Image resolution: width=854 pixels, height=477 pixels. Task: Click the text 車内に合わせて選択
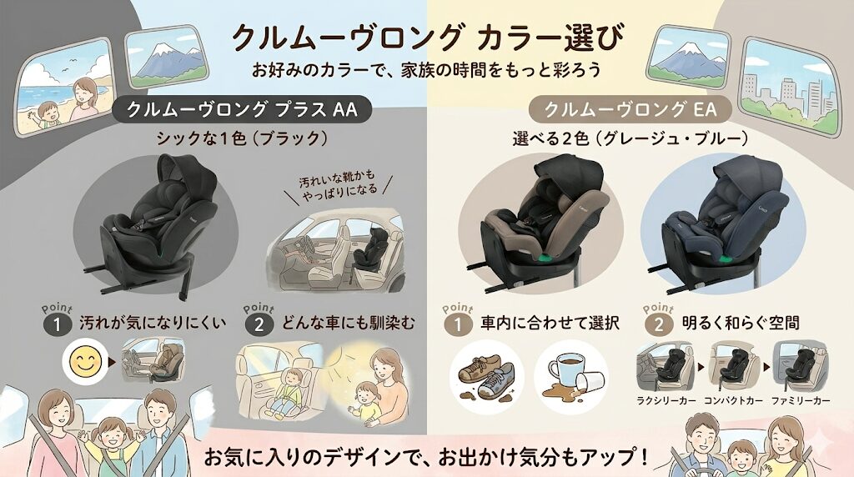click(x=547, y=322)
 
